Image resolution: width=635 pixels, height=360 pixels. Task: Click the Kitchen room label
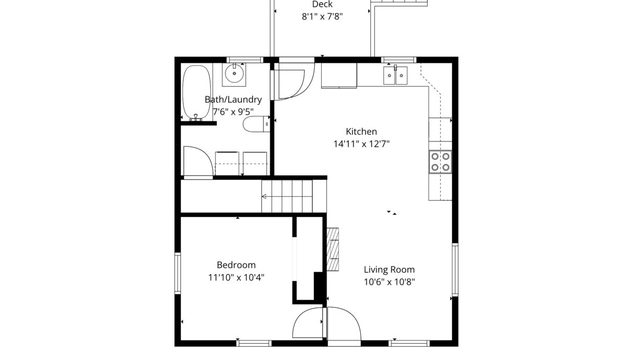[x=361, y=132]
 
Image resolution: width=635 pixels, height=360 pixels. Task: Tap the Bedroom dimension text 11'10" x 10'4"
[x=236, y=277]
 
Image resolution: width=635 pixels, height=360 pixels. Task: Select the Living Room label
[x=389, y=269]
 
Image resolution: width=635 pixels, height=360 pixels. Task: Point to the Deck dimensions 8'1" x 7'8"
[x=322, y=17]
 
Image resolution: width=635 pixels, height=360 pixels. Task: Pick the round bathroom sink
[x=234, y=74]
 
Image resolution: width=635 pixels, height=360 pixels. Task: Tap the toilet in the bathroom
[x=256, y=124]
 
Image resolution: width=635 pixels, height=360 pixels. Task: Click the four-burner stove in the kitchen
[x=440, y=161]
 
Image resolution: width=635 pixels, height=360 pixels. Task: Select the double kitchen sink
[x=395, y=76]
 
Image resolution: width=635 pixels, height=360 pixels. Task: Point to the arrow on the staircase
[x=264, y=196]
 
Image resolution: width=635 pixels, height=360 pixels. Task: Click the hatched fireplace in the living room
[x=333, y=249]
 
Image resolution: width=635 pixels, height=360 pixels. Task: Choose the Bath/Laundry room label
[x=233, y=100]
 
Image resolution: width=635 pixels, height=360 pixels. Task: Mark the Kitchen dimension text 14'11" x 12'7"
[x=361, y=144]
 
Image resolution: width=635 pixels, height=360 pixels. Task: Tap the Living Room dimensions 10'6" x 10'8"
[x=389, y=282]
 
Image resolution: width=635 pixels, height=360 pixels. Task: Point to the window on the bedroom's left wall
[x=177, y=273]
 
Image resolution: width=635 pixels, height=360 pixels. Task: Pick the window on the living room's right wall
[x=455, y=269]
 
